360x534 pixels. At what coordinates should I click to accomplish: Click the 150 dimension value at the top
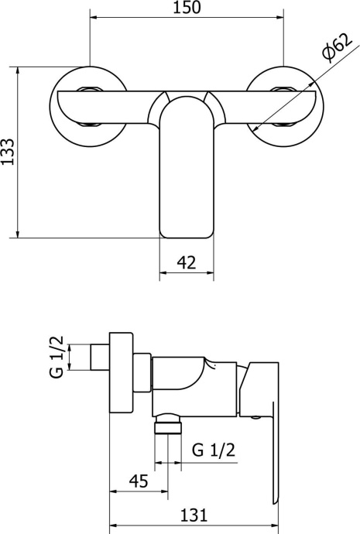(x=187, y=9)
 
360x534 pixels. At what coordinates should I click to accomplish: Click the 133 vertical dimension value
(x=8, y=152)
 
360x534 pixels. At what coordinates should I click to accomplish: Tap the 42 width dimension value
(x=187, y=262)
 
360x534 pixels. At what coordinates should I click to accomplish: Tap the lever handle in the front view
(x=187, y=170)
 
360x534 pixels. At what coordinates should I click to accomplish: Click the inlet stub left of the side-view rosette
(x=98, y=358)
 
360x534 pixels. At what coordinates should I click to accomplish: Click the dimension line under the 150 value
(x=187, y=20)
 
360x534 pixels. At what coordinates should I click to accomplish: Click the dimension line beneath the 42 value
(x=187, y=272)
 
